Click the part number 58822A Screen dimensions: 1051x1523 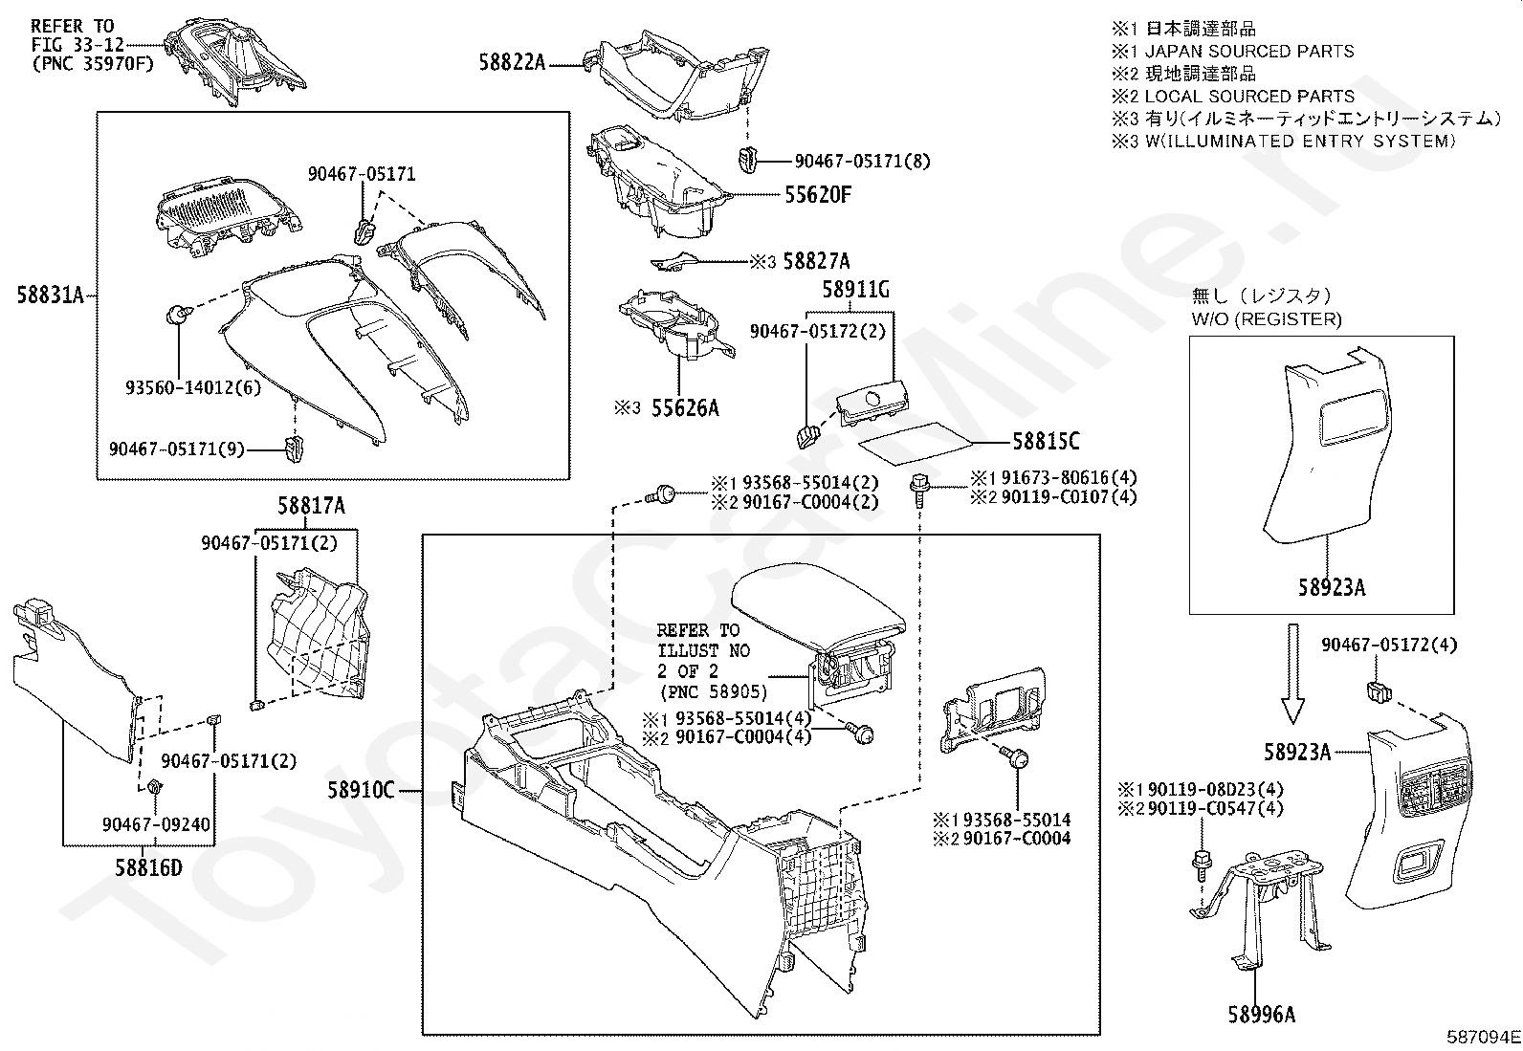pyautogui.click(x=512, y=63)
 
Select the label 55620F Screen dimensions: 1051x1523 pyautogui.click(x=817, y=195)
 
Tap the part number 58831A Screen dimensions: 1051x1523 pyautogui.click(x=51, y=296)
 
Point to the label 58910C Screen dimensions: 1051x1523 pyautogui.click(x=361, y=790)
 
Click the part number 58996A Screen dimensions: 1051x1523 pyautogui.click(x=1262, y=1014)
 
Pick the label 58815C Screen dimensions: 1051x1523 pyautogui.click(x=1046, y=441)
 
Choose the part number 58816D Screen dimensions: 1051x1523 pyautogui.click(x=148, y=867)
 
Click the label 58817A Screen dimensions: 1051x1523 pyautogui.click(x=312, y=508)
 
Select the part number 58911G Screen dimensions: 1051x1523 pyautogui.click(x=855, y=289)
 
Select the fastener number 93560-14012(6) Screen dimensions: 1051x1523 pyautogui.click(x=192, y=388)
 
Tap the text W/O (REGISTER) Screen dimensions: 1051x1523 pyautogui.click(x=1267, y=319)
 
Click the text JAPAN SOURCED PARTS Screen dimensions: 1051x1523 pyautogui.click(x=1248, y=52)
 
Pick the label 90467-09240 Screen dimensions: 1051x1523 pyautogui.click(x=156, y=824)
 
